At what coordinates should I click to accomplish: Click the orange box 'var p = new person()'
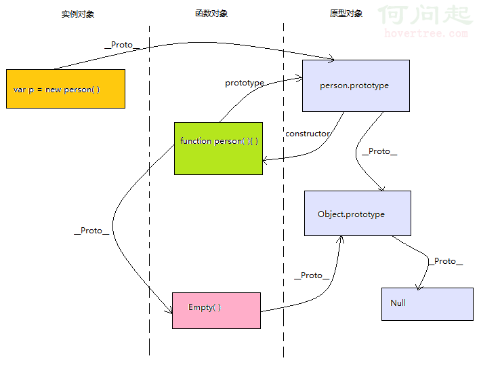point(66,89)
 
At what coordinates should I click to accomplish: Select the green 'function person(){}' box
point(218,148)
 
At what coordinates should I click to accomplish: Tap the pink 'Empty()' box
point(216,310)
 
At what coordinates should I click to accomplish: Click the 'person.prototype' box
point(355,85)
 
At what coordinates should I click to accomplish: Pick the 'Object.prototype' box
point(357,214)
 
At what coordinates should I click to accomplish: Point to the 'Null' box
point(427,304)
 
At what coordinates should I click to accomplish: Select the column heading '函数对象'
point(211,14)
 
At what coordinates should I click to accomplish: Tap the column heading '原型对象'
point(346,14)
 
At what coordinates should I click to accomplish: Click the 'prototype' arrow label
point(245,83)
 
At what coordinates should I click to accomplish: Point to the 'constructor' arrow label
point(308,134)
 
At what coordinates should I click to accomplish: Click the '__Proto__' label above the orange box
point(123,45)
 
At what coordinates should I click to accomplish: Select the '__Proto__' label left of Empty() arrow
point(91,231)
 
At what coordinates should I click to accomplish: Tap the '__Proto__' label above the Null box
point(445,261)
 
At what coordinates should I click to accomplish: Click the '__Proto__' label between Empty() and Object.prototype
point(312,275)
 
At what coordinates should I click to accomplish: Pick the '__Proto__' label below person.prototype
point(379,151)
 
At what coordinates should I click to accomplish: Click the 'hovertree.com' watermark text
point(425,33)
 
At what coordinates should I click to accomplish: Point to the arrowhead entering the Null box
point(418,288)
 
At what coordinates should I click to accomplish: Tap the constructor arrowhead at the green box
point(266,160)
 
